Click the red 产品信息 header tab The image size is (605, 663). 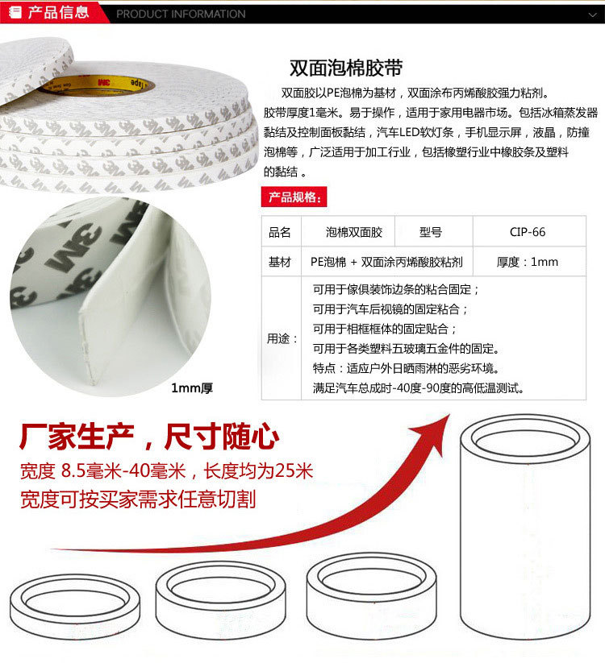pos(51,12)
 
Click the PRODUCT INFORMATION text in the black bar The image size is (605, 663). pos(181,14)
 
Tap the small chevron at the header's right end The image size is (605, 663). pos(592,15)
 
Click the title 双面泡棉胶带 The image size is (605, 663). pos(346,68)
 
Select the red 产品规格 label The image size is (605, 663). pos(294,197)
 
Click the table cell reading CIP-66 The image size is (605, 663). pos(528,232)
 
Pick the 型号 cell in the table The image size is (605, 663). pos(431,232)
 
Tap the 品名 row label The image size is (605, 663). pos(280,232)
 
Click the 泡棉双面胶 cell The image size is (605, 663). pos(354,232)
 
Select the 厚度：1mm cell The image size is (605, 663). pos(528,262)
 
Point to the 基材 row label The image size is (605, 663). pos(280,262)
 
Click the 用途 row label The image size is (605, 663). pos(282,338)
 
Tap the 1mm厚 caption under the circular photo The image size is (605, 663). pos(192,387)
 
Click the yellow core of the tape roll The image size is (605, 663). pos(98,85)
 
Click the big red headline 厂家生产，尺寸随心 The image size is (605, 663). pos(149,437)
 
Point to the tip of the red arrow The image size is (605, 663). pos(449,415)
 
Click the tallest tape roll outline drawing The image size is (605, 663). pos(525,527)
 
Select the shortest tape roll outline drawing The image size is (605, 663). pos(75,607)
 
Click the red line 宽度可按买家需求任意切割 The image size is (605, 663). pos(138,499)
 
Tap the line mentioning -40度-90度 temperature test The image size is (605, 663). pos(419,387)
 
